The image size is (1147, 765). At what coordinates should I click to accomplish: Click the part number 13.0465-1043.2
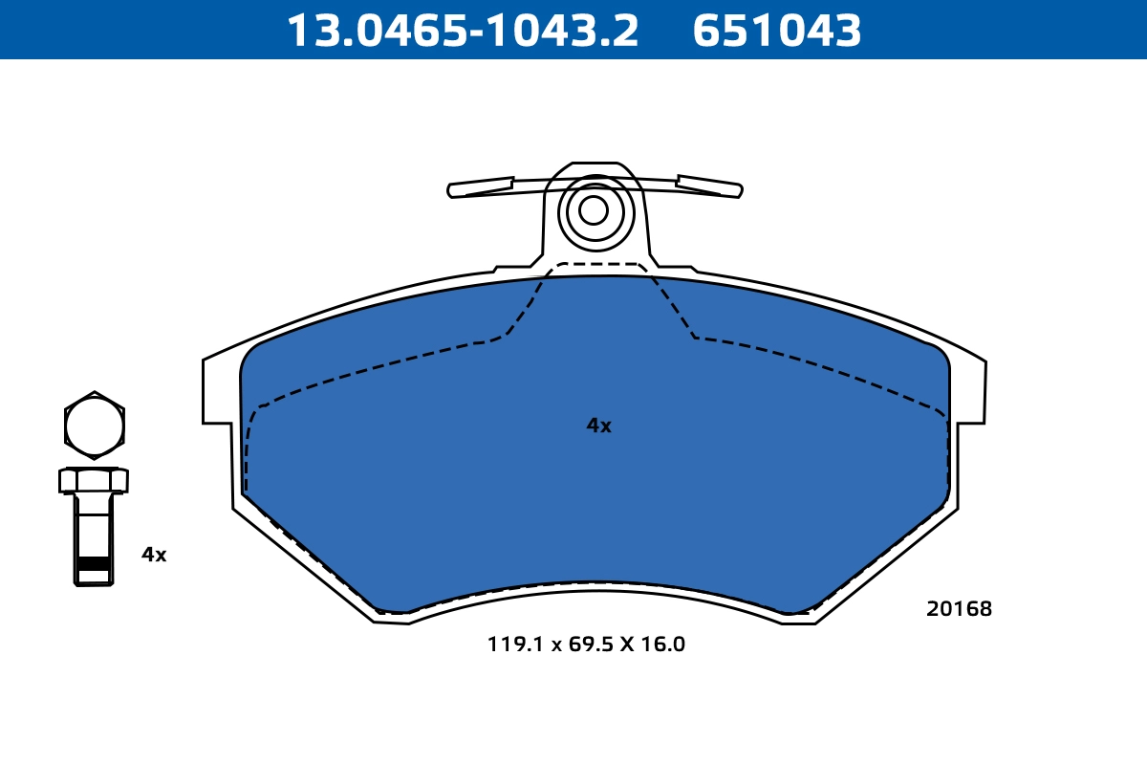click(x=463, y=31)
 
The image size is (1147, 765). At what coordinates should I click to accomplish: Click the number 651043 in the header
click(x=776, y=31)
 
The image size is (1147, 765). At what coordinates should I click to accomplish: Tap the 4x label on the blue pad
click(x=598, y=426)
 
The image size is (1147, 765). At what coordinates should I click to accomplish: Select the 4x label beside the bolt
click(x=154, y=555)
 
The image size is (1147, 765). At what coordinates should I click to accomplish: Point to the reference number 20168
click(x=959, y=609)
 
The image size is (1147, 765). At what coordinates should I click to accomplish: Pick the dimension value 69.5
click(x=590, y=645)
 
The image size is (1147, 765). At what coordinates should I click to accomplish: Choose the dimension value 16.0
click(x=663, y=645)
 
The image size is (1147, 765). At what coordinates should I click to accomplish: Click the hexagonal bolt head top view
click(x=95, y=425)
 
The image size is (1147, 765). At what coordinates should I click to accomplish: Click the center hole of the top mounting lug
click(x=594, y=210)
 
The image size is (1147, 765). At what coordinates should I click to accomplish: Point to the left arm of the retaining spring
click(x=480, y=187)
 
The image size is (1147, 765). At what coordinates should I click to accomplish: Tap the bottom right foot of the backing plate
click(x=799, y=618)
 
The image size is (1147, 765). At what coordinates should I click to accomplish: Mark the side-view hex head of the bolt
click(x=94, y=479)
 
